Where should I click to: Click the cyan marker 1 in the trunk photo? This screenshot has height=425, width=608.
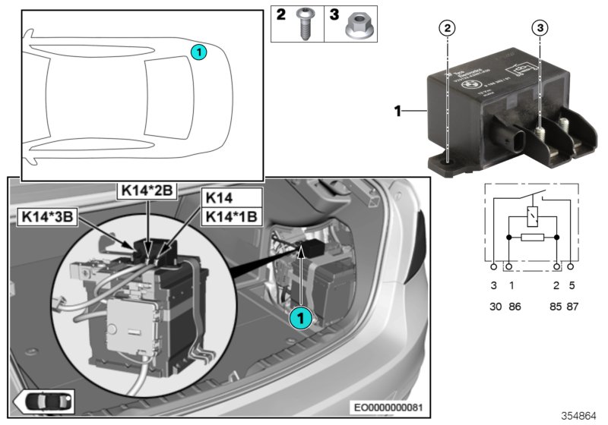tap(301, 320)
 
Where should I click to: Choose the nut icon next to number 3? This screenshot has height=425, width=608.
tap(355, 26)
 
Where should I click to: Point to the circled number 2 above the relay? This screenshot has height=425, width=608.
tap(449, 28)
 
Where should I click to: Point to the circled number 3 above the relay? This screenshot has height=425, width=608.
tap(540, 28)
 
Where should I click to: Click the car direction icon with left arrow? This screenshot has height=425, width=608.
tap(43, 400)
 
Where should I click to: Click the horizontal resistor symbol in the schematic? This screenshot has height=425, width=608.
tap(532, 238)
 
